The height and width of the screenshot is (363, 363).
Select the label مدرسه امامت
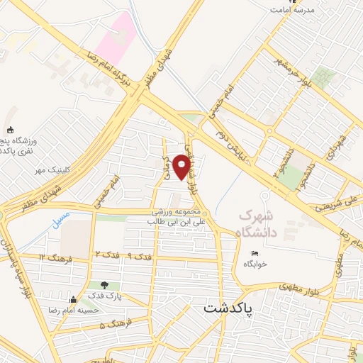(298, 10)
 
